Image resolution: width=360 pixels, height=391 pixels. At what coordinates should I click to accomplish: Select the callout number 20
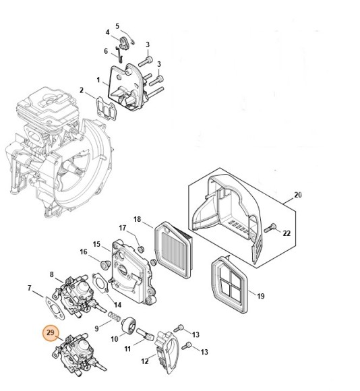pos(298,195)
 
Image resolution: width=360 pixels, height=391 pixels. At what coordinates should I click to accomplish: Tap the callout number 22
pos(286,233)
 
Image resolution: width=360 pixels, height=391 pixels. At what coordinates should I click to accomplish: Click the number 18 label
pos(137,219)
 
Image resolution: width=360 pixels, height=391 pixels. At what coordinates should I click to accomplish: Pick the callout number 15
pos(96,244)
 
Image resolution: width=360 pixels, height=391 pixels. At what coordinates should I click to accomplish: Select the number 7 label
pos(30,289)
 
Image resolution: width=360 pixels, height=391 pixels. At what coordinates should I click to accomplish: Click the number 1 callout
pos(98,80)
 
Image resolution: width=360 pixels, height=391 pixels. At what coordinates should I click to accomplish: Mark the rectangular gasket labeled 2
pos(104,107)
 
